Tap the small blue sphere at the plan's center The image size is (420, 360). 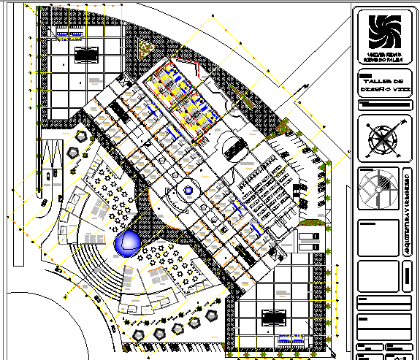(x=188, y=191)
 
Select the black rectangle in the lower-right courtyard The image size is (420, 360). (x=274, y=316)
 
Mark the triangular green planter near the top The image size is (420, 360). (x=146, y=47)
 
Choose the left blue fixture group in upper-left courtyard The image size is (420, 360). (x=61, y=34)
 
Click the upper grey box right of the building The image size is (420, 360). (x=310, y=237)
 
